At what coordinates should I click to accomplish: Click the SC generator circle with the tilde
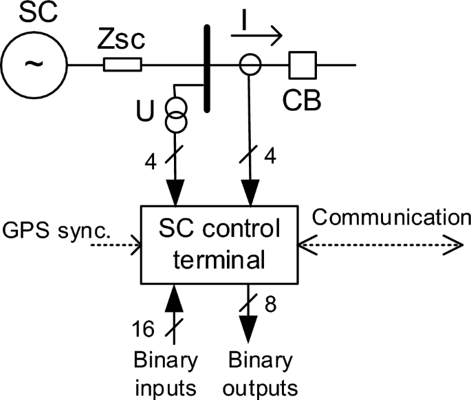pyautogui.click(x=34, y=65)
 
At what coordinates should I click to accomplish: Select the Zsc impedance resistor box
pyautogui.click(x=122, y=65)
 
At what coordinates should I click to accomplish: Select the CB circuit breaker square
pyautogui.click(x=300, y=65)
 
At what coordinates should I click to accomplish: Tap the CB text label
pyautogui.click(x=300, y=101)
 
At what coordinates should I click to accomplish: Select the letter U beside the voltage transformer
pyautogui.click(x=146, y=111)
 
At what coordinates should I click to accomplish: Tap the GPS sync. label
pyautogui.click(x=56, y=228)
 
